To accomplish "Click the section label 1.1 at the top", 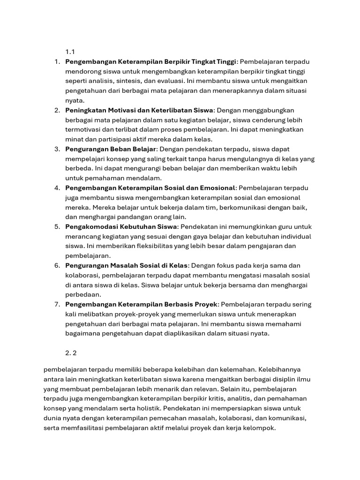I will [70, 52].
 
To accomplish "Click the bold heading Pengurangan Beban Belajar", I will [110, 149].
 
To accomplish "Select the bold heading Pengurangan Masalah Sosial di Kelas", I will [126, 265].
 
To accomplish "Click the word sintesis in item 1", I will [127, 81].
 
